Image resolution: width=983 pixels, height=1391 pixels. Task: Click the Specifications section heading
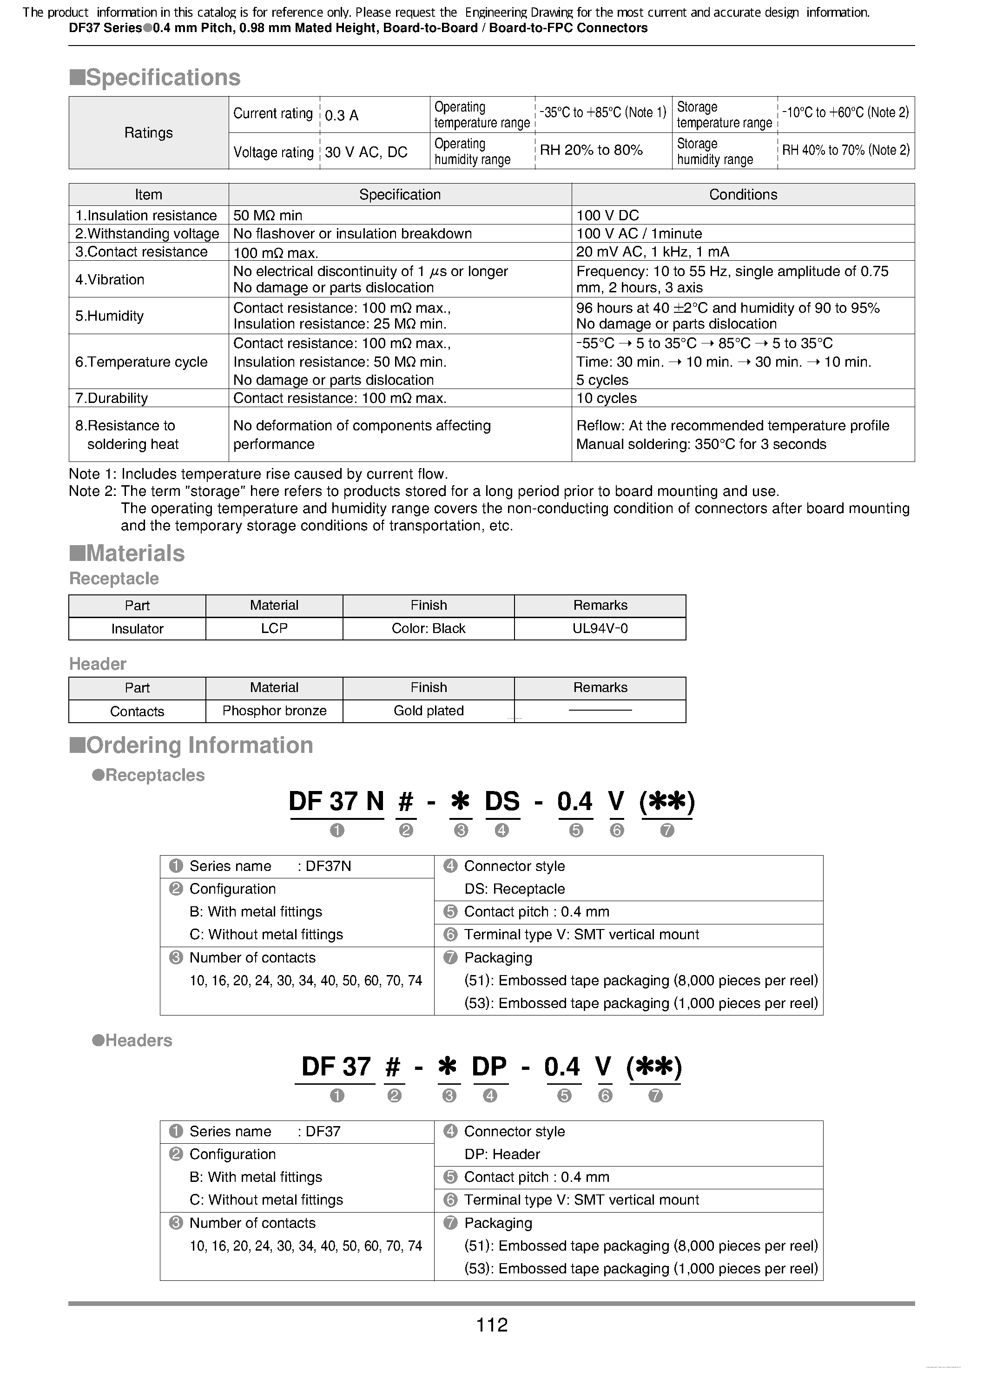coord(155,78)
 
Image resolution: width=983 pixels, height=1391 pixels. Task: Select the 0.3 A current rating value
coord(341,115)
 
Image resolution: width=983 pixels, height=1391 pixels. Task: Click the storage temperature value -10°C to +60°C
coord(845,112)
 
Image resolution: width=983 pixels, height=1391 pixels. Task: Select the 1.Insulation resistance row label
coord(146,216)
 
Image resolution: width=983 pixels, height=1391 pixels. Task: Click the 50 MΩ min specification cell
coord(267,216)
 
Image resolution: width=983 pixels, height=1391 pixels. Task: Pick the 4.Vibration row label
coord(110,280)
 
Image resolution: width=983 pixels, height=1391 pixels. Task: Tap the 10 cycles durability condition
coord(606,398)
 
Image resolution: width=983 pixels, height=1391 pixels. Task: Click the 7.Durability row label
coord(112,398)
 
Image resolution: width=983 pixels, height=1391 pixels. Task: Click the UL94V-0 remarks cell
coord(600,629)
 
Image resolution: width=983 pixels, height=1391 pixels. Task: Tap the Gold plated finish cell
coord(428,711)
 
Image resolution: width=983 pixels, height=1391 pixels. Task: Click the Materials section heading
coord(127,553)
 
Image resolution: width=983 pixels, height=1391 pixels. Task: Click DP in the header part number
coord(488,1067)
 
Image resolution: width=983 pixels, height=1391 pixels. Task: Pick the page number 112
coord(492,1325)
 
